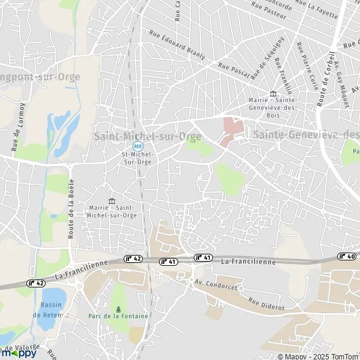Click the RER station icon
point(138,146)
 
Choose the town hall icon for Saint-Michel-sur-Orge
point(111,200)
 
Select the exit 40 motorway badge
point(347,256)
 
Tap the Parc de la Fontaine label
point(119,316)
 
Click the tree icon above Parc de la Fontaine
point(119,309)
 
